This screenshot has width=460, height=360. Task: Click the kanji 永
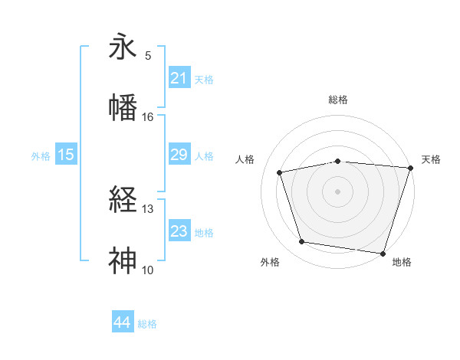click(x=125, y=47)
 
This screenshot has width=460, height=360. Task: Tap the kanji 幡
click(x=125, y=107)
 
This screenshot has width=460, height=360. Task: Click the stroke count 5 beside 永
click(x=148, y=56)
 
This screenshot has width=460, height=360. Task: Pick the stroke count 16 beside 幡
click(x=148, y=116)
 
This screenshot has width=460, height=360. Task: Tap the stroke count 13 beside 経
click(x=148, y=209)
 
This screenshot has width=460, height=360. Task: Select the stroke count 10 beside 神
click(x=148, y=270)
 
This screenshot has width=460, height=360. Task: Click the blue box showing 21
click(x=179, y=78)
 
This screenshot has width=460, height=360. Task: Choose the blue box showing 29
click(x=179, y=155)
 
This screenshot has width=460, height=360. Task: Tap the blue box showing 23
click(x=179, y=231)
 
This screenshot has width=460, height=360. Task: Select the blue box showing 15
click(x=66, y=155)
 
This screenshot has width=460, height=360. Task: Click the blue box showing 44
click(x=122, y=323)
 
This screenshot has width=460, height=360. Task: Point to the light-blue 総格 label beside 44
click(x=147, y=324)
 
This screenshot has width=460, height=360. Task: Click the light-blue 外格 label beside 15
click(x=41, y=155)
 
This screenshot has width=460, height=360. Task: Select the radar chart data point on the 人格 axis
click(x=280, y=172)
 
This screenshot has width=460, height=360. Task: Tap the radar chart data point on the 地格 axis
click(x=383, y=253)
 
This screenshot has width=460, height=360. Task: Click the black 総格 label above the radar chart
click(x=338, y=100)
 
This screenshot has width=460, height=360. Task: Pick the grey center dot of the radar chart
click(x=338, y=191)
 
